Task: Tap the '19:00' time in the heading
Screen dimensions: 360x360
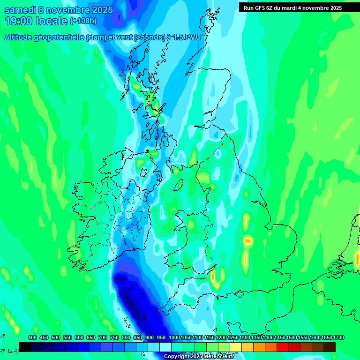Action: coord(18,21)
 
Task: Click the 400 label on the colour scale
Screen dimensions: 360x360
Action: coord(32,337)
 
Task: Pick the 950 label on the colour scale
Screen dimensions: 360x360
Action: coord(161,337)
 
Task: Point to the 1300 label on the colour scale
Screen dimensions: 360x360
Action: coord(245,337)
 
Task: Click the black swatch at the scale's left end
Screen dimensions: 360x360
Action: coord(25,347)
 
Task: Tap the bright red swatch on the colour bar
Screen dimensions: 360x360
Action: coord(283,347)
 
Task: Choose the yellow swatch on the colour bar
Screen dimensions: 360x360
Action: coord(236,347)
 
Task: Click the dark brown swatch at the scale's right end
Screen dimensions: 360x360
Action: coord(330,347)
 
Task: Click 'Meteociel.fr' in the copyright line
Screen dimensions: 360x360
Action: coord(217,357)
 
